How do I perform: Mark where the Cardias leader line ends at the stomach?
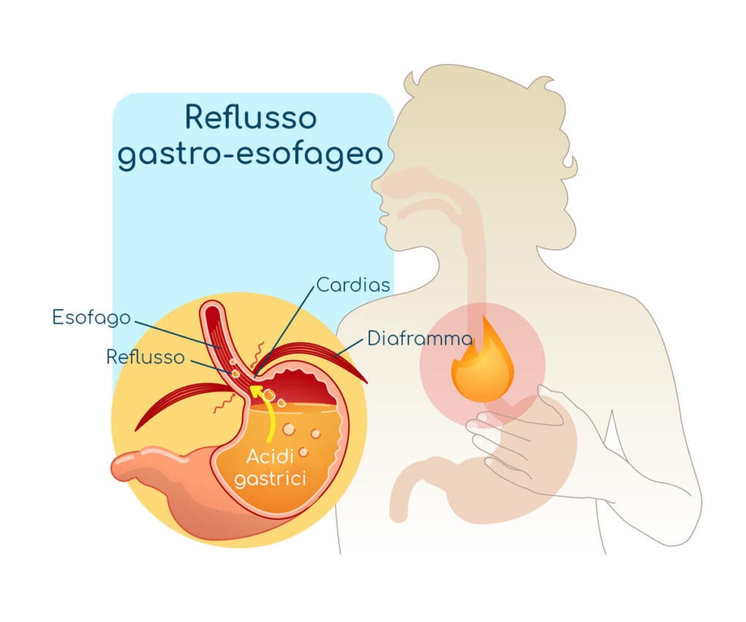[x=256, y=376]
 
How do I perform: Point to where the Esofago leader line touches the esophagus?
[x=219, y=348]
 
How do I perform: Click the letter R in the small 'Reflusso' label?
[x=112, y=357]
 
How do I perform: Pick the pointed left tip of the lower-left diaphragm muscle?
[x=137, y=429]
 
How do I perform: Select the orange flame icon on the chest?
[x=482, y=358]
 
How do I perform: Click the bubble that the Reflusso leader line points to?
[x=235, y=373]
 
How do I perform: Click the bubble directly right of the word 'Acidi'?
[x=304, y=452]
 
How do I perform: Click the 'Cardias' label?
[x=353, y=285]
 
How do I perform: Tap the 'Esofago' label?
[x=91, y=318]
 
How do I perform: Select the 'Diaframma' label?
[x=420, y=338]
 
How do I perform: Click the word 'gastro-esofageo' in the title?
[x=251, y=155]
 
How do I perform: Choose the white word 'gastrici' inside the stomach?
[x=270, y=478]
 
